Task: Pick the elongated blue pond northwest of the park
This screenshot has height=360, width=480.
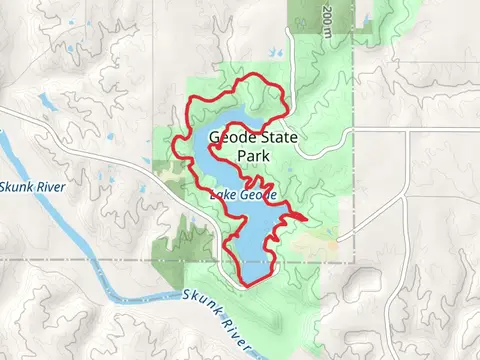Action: tap(47, 101)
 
